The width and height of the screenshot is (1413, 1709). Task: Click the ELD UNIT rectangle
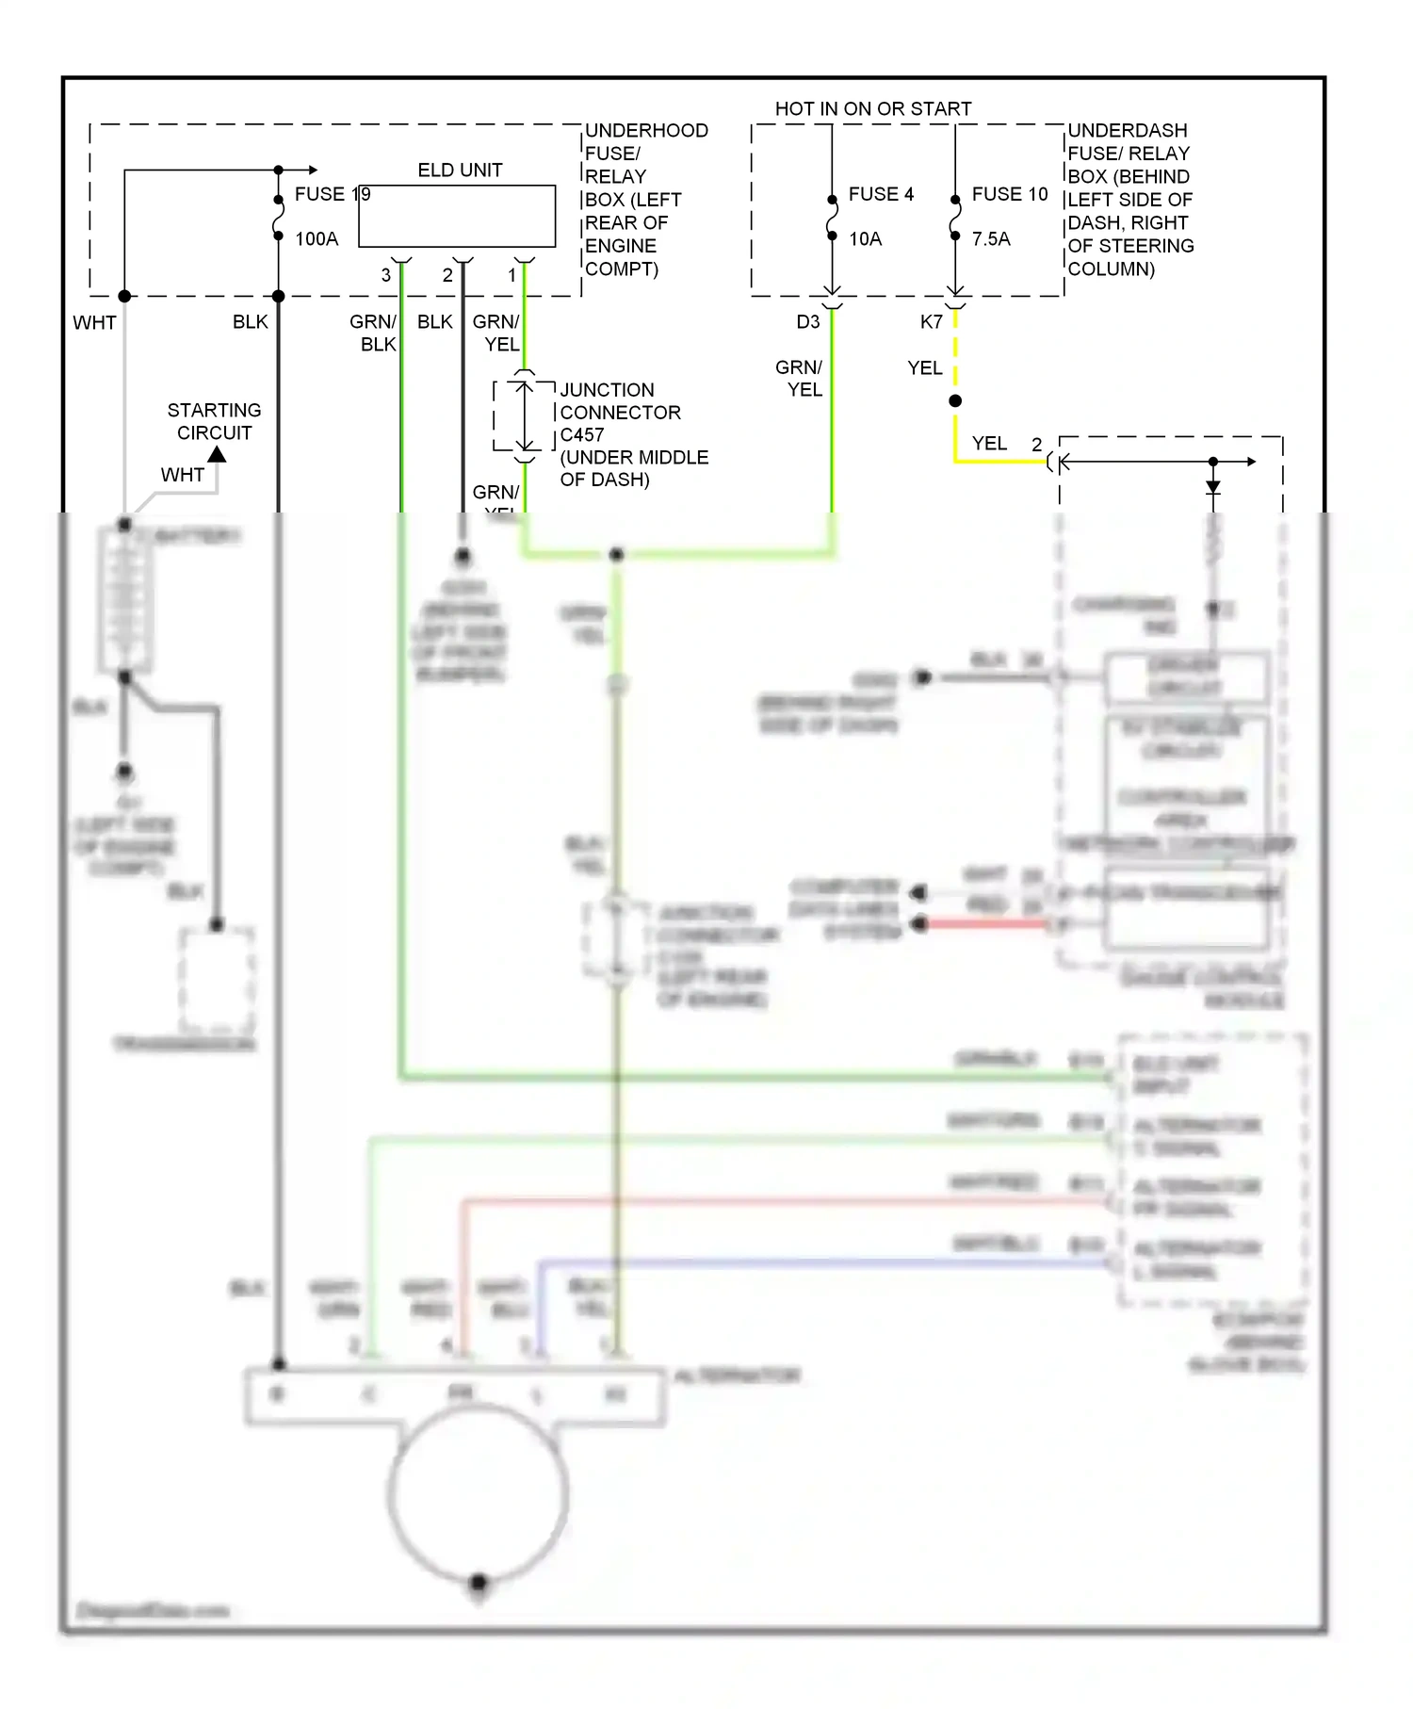(x=457, y=216)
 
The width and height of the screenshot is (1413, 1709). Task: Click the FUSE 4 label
(x=881, y=194)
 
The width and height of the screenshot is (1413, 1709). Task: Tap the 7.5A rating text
(x=991, y=239)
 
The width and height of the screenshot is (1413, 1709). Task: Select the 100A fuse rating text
(x=317, y=239)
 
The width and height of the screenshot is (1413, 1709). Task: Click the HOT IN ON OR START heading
(x=872, y=109)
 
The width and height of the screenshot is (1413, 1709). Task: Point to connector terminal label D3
(x=808, y=322)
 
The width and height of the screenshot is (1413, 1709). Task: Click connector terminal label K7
(x=932, y=322)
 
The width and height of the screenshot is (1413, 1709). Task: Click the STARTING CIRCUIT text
(x=214, y=421)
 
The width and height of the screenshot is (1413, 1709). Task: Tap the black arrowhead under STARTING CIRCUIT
(x=217, y=455)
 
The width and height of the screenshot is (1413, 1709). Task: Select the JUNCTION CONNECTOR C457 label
(x=622, y=412)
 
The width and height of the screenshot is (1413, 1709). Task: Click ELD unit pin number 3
(x=385, y=275)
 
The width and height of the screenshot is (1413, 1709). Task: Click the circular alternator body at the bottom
(x=478, y=1493)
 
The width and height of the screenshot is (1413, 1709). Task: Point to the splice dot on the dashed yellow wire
(x=955, y=401)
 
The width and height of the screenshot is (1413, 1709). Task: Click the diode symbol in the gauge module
(x=1213, y=487)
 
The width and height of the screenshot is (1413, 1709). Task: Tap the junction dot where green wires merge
(x=616, y=555)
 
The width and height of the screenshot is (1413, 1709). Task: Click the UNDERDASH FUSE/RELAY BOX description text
(x=1129, y=200)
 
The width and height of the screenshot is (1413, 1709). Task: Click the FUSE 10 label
(x=1010, y=194)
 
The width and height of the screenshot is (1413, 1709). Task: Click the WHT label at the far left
(x=95, y=323)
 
